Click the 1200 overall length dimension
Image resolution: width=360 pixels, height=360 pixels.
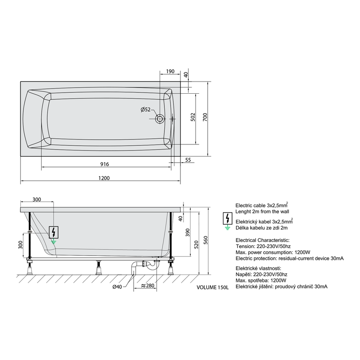pyautogui.click(x=104, y=178)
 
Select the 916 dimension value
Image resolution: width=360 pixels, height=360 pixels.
pyautogui.click(x=105, y=164)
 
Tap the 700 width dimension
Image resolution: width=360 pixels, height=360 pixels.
pyautogui.click(x=205, y=117)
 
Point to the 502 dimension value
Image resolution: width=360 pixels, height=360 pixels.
pyautogui.click(x=193, y=117)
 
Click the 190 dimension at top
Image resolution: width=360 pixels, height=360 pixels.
pyautogui.click(x=170, y=72)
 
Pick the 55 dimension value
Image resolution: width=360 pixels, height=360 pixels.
pyautogui.click(x=188, y=160)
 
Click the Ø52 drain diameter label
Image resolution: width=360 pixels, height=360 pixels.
pyautogui.click(x=146, y=109)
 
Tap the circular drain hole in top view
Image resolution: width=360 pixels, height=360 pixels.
pyautogui.click(x=160, y=119)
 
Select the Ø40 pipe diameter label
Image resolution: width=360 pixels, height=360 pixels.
pyautogui.click(x=117, y=287)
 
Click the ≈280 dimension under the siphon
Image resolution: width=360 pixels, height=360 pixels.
pyautogui.click(x=147, y=285)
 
